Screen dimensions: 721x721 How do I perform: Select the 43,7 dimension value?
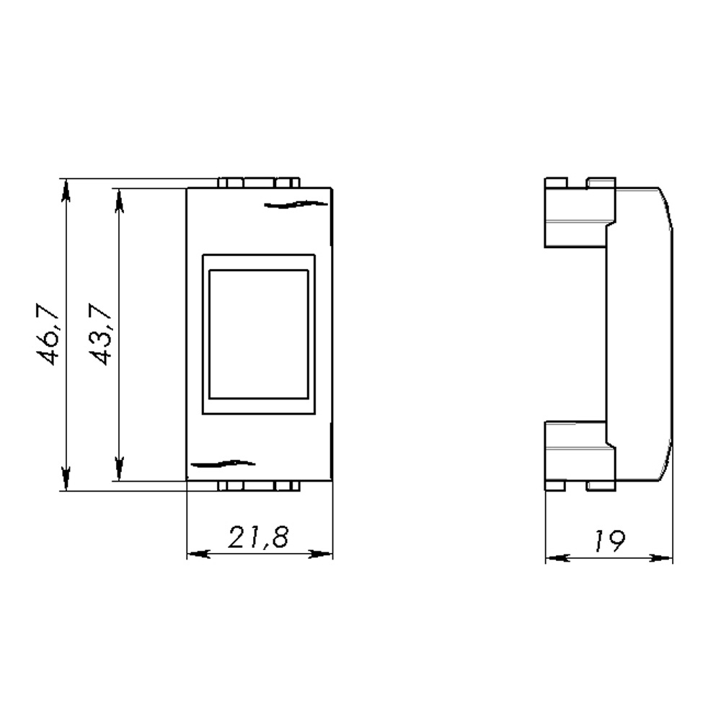100,334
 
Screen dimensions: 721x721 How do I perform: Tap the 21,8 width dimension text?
259,537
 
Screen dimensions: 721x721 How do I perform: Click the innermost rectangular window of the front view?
258,334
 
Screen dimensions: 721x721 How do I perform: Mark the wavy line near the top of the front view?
292,205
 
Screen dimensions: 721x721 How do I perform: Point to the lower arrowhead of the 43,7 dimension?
119,469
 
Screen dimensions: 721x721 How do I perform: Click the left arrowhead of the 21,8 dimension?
198,554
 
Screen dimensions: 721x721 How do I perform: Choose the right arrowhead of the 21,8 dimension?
322,554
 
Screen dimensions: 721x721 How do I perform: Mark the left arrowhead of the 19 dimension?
556,557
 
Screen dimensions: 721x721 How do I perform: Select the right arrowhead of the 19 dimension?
662,557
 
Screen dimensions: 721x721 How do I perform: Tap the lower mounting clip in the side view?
577,454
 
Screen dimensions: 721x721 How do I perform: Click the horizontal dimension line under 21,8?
260,554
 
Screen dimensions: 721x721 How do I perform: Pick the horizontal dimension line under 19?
609,557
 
